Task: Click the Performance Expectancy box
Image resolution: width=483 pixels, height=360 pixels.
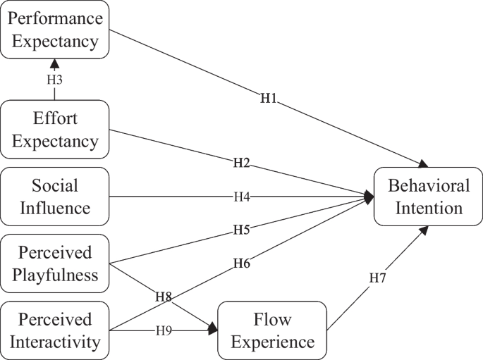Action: pyautogui.click(x=55, y=30)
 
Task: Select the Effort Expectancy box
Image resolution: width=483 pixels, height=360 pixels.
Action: pyautogui.click(x=55, y=129)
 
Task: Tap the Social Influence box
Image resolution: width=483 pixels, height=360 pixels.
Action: pyautogui.click(x=55, y=197)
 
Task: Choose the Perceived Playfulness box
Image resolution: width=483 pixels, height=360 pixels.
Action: pyautogui.click(x=55, y=263)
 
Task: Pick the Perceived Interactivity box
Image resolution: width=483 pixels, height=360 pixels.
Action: pyautogui.click(x=55, y=330)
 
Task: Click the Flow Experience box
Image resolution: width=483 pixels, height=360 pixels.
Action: pyautogui.click(x=272, y=330)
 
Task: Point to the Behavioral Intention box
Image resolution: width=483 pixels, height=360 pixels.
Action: pyautogui.click(x=428, y=197)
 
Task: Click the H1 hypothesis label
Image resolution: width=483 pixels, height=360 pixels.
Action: pyautogui.click(x=268, y=99)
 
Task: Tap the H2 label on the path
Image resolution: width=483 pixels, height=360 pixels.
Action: pyautogui.click(x=242, y=163)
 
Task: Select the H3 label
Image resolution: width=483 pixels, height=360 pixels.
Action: pyautogui.click(x=55, y=80)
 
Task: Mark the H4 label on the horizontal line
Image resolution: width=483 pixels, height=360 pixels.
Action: pyautogui.click(x=242, y=197)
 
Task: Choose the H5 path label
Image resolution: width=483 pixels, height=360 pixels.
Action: pyautogui.click(x=242, y=229)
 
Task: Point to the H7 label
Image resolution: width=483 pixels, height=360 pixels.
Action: pyautogui.click(x=379, y=279)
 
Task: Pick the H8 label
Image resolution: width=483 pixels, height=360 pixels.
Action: pyautogui.click(x=164, y=296)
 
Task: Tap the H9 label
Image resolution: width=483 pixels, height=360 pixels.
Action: pyautogui.click(x=164, y=330)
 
